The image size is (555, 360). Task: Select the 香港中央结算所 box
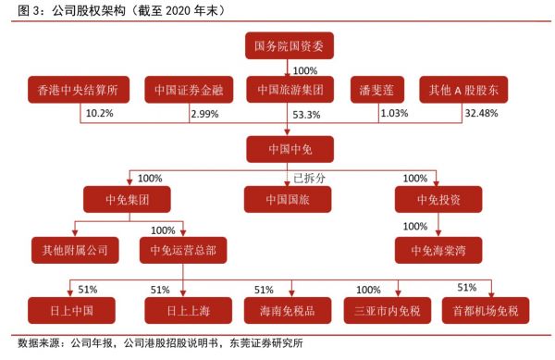point(77,90)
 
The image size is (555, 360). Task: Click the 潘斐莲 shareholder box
point(376,90)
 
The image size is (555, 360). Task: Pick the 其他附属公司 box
point(74,250)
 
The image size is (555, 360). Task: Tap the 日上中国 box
point(67,308)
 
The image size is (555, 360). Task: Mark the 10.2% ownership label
point(97,113)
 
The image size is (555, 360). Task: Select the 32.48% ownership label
point(480,113)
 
